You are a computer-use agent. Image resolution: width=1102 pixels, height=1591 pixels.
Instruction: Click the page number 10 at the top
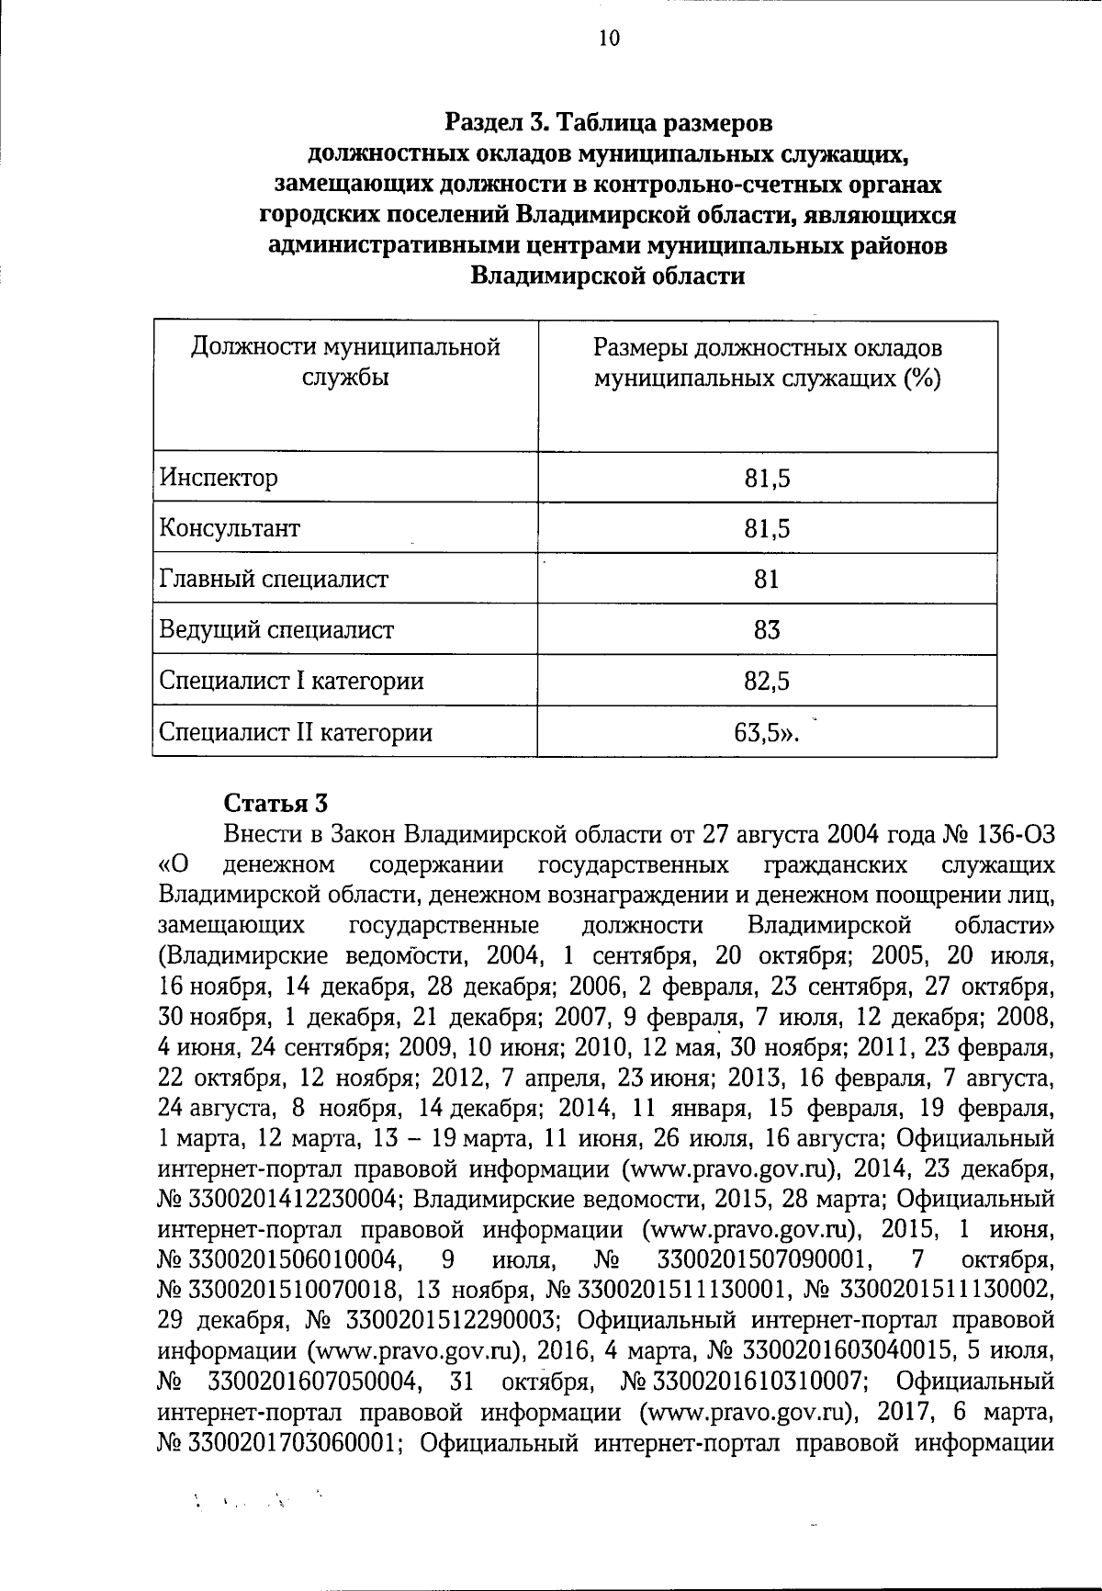583,38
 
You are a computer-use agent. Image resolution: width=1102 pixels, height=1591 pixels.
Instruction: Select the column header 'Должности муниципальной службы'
344,362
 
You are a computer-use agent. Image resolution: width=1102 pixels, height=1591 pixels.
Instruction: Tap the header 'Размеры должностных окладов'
767,348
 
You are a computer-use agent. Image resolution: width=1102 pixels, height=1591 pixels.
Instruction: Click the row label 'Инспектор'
218,479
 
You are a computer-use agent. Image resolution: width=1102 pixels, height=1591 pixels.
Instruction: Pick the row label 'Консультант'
230,529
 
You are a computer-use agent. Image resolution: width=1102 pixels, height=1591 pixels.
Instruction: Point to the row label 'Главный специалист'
274,580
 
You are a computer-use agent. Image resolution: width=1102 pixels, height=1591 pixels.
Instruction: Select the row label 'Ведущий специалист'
276,630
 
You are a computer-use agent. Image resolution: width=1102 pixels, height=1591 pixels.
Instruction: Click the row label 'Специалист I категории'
291,682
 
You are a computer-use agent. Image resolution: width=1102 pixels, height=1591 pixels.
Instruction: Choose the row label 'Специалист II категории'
296,732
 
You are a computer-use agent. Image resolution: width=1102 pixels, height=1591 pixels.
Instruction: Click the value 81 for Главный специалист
767,580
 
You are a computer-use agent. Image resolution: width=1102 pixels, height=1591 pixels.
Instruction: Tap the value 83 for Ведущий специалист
767,630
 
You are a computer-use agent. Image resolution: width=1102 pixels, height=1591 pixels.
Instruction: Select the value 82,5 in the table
767,682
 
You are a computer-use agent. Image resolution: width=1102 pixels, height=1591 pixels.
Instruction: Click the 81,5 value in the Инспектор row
767,479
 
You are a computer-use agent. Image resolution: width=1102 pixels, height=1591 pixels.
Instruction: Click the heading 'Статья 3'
275,803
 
